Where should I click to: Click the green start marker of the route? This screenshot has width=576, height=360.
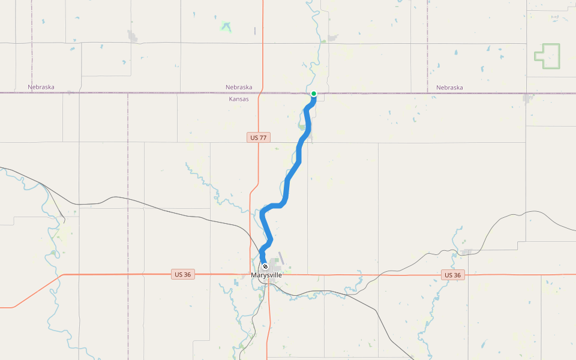pyautogui.click(x=314, y=94)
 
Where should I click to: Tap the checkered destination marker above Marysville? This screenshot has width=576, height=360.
pyautogui.click(x=265, y=266)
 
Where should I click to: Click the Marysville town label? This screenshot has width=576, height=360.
pyautogui.click(x=266, y=275)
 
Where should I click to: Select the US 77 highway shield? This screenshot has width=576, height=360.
pyautogui.click(x=259, y=137)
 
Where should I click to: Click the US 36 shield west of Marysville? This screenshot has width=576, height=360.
pyautogui.click(x=182, y=274)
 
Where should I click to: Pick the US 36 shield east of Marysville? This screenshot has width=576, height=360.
pyautogui.click(x=453, y=275)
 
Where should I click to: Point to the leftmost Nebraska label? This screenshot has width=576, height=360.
pyautogui.click(x=41, y=87)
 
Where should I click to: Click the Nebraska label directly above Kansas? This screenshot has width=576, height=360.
pyautogui.click(x=239, y=87)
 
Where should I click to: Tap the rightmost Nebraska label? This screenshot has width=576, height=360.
pyautogui.click(x=449, y=87)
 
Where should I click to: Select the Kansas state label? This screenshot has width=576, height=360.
pyautogui.click(x=239, y=99)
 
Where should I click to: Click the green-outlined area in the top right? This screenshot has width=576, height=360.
pyautogui.click(x=547, y=56)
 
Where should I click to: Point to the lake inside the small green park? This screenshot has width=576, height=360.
pyautogui.click(x=226, y=26)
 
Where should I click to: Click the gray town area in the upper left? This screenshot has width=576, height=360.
pyautogui.click(x=132, y=37)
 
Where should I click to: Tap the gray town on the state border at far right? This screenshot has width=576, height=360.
pyautogui.click(x=529, y=97)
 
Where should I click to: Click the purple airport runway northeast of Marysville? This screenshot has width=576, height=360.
pyautogui.click(x=281, y=258)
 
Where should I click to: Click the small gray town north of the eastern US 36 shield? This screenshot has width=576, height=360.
pyautogui.click(x=466, y=252)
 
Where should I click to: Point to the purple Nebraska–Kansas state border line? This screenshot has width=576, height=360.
pyautogui.click(x=150, y=92)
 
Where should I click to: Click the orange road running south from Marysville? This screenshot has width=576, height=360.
pyautogui.click(x=268, y=318)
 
